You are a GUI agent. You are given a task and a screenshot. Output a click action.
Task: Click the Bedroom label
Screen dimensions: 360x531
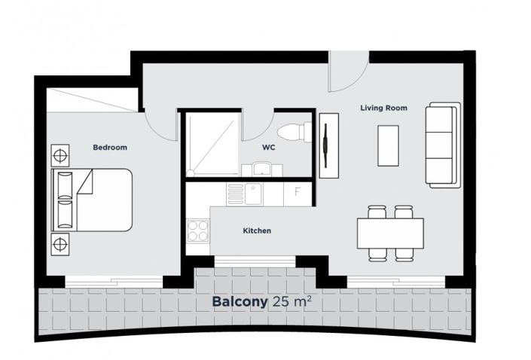click(x=109, y=148)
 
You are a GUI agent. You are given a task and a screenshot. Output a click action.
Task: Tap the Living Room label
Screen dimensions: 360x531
click(x=383, y=108)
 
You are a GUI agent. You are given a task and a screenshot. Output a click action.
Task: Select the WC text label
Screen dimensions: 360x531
click(x=268, y=148)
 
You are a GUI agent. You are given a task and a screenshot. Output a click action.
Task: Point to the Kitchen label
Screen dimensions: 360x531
click(x=256, y=230)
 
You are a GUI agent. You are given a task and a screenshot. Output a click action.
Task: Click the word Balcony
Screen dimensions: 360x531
click(x=240, y=303)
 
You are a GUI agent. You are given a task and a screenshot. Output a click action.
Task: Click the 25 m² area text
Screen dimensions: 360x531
click(x=293, y=302)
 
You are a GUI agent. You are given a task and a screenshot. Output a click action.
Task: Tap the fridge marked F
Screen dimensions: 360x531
click(x=298, y=193)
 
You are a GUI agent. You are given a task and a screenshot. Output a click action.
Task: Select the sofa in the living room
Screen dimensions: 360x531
click(x=442, y=145)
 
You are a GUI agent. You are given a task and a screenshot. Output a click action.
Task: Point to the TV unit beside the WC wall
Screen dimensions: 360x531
click(x=328, y=145)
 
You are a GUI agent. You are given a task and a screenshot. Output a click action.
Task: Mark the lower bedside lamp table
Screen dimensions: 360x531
click(x=59, y=243)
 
